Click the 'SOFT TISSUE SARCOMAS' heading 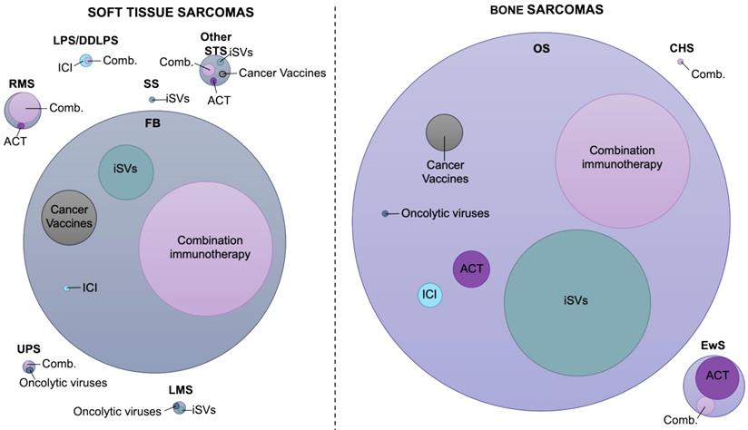(x=170, y=12)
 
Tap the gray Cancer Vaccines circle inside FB (x=69, y=217)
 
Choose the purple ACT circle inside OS (x=471, y=269)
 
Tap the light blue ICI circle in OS (x=429, y=295)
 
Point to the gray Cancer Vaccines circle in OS (x=444, y=132)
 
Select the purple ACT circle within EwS (x=717, y=376)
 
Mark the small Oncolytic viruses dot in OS (x=386, y=213)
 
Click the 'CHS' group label (x=682, y=47)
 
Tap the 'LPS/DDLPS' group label (x=85, y=41)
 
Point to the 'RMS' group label (x=21, y=83)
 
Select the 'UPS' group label (x=28, y=349)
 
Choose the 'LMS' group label (x=180, y=390)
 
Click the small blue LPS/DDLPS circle (x=86, y=61)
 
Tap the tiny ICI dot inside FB (x=66, y=288)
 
